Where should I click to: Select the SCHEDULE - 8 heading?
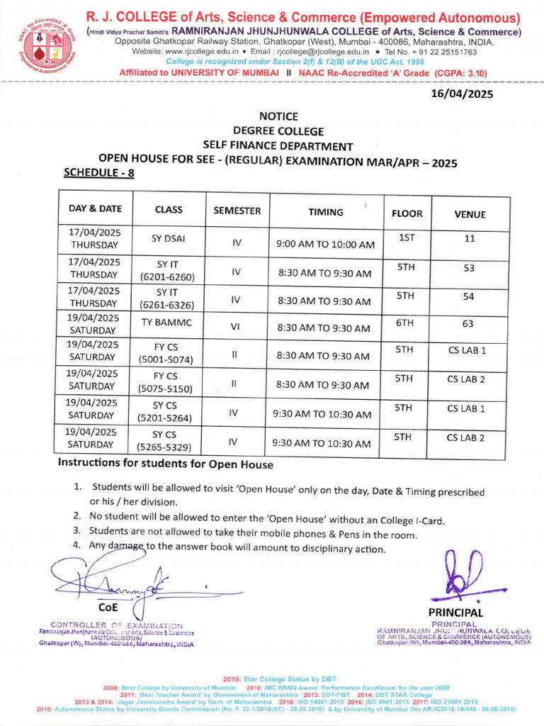[x=98, y=172]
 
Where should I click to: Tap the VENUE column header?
[x=468, y=213]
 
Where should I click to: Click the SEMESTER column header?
[x=237, y=211]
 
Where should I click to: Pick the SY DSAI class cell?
[x=168, y=238]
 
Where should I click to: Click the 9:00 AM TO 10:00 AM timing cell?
[x=325, y=245]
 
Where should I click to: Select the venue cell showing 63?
[x=468, y=323]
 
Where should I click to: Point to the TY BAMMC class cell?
[x=168, y=323]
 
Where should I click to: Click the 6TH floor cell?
[x=404, y=323]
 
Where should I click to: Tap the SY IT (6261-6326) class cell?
[x=168, y=298]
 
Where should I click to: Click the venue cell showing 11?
[x=468, y=239]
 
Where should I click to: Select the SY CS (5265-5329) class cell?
[x=168, y=440]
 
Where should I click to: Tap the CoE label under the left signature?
[x=108, y=608]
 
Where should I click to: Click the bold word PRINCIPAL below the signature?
[x=455, y=613]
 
